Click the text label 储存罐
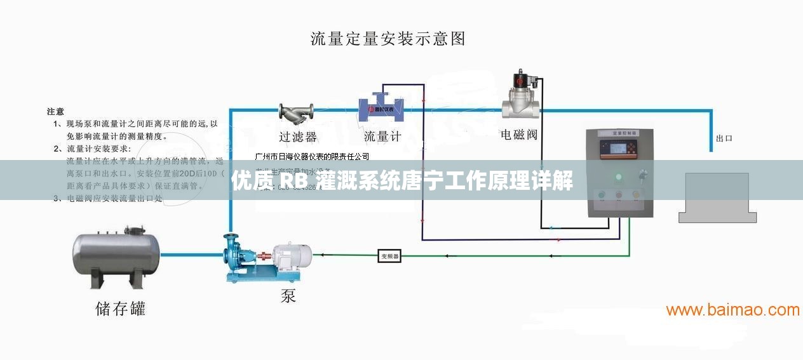(x=120, y=309)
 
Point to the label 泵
(x=288, y=295)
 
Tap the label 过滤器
(x=297, y=137)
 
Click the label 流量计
(x=382, y=137)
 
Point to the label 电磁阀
(x=519, y=135)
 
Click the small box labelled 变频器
(x=389, y=256)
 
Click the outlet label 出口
(x=724, y=138)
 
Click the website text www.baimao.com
(x=732, y=310)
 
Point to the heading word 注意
(x=55, y=111)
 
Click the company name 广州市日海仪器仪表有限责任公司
(x=311, y=156)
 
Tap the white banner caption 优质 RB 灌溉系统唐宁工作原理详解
(x=402, y=182)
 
